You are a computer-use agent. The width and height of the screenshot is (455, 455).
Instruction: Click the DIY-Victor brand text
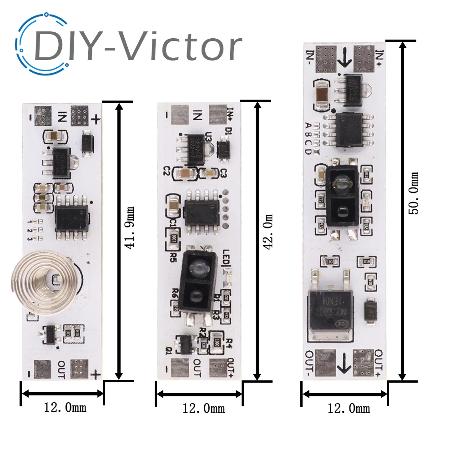click(136, 45)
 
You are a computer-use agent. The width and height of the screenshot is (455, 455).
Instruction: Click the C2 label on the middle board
click(167, 172)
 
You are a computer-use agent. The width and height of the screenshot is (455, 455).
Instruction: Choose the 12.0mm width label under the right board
click(349, 408)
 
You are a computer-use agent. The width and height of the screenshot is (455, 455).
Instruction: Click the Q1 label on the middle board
click(169, 350)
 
